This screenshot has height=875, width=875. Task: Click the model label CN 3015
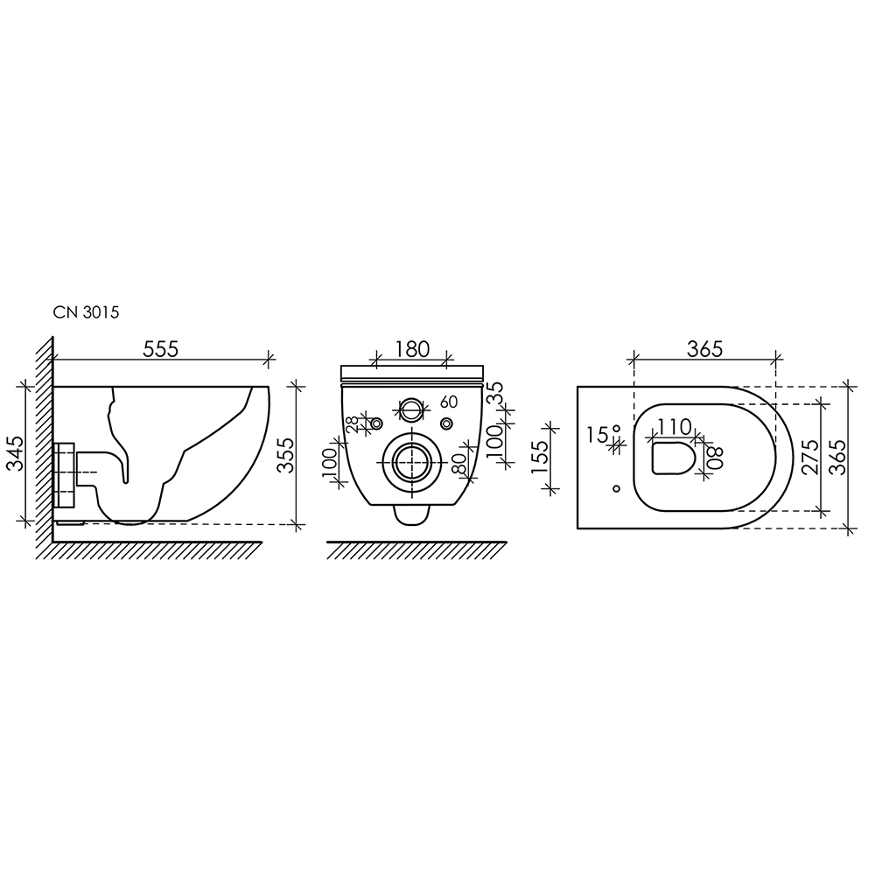86,312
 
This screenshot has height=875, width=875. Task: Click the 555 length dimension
161,349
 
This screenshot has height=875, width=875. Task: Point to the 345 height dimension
16,453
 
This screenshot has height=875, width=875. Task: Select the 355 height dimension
286,455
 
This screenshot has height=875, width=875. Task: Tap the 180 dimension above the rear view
413,349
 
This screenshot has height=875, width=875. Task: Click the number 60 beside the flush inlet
449,402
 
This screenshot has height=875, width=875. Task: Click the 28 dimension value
353,425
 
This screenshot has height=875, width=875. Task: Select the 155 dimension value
540,458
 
